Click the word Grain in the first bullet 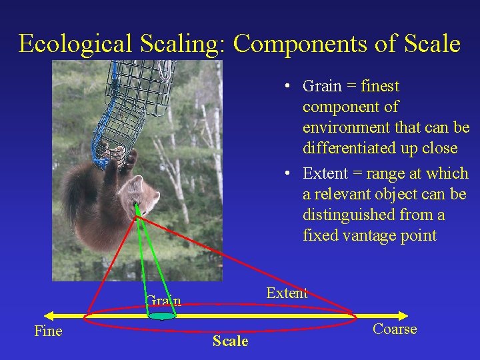[321, 87]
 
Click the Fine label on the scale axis [48, 331]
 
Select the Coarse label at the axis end [395, 329]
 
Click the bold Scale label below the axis [230, 341]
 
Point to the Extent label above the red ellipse [287, 293]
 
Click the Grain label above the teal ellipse [163, 301]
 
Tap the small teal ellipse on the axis [162, 316]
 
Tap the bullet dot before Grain [285, 87]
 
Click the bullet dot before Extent [285, 174]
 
